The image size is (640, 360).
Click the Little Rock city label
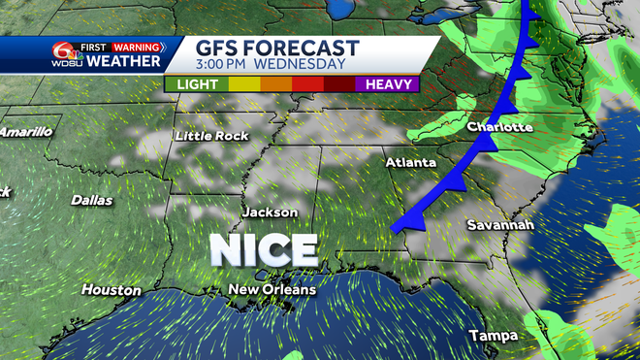click(x=206, y=136)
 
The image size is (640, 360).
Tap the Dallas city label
click(x=93, y=200)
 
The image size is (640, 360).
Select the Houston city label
click(x=111, y=290)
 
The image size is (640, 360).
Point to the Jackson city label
click(x=270, y=212)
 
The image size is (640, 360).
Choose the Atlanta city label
click(x=410, y=162)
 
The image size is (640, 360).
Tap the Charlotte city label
click(x=499, y=127)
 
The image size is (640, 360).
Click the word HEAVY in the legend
click(x=391, y=84)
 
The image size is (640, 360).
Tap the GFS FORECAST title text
click(x=277, y=49)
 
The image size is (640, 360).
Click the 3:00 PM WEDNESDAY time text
click(x=271, y=65)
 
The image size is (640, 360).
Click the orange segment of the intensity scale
click(x=276, y=84)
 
